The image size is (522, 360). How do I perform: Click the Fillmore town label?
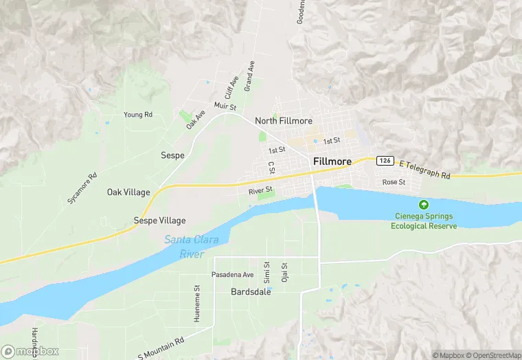click(332, 162)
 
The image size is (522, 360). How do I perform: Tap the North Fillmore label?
click(284, 121)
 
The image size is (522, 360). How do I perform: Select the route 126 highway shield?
click(385, 160)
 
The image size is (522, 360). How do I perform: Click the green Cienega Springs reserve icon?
click(424, 205)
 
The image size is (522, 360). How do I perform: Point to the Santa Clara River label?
click(184, 247)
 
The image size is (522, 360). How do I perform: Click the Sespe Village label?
click(159, 221)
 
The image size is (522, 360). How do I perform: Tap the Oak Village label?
click(128, 192)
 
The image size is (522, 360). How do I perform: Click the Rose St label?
click(394, 182)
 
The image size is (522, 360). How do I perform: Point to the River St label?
click(261, 190)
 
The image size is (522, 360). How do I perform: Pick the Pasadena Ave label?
click(233, 275)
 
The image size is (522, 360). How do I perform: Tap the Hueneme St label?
click(197, 304)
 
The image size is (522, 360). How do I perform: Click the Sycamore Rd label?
click(83, 188)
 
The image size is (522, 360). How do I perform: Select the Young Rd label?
click(137, 115)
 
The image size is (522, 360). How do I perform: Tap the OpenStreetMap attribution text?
click(492, 355)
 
